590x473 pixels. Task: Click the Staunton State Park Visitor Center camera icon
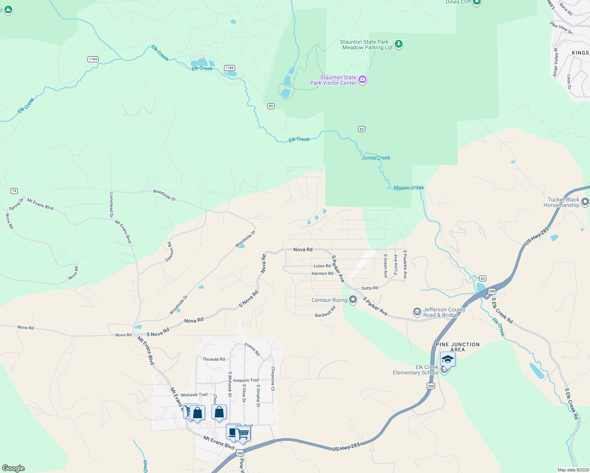(362, 80)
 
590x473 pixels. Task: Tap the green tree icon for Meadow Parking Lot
(399, 44)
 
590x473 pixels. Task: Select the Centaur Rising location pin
(353, 300)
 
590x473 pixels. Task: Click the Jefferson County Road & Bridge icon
(417, 312)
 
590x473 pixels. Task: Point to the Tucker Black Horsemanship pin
(586, 202)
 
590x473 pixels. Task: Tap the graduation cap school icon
(448, 359)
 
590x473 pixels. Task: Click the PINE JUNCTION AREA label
(457, 347)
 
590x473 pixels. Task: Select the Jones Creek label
(376, 158)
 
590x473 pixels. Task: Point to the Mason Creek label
(409, 188)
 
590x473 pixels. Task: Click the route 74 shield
(14, 191)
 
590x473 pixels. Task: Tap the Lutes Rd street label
(322, 266)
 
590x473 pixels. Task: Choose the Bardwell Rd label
(325, 312)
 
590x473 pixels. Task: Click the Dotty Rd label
(370, 288)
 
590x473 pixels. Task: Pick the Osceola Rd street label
(214, 359)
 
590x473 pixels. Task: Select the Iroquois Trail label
(246, 380)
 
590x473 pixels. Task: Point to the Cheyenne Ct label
(273, 378)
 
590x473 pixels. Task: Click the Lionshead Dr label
(111, 205)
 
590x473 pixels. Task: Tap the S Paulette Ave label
(405, 264)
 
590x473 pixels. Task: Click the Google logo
(13, 468)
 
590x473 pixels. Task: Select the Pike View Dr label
(561, 28)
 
